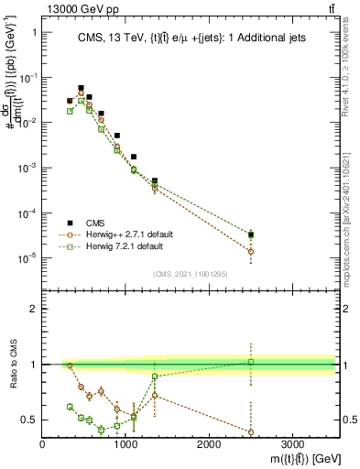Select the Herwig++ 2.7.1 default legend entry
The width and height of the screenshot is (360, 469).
(x=134, y=234)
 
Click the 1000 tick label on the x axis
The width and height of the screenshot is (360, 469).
(x=125, y=443)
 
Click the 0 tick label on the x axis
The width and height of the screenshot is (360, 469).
(x=43, y=443)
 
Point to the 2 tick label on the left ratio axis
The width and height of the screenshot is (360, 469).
(x=33, y=309)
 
